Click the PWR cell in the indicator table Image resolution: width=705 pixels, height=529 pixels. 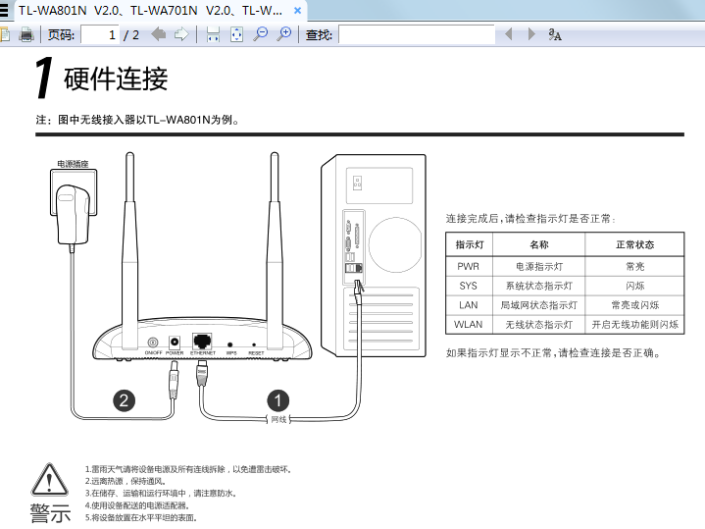(469, 266)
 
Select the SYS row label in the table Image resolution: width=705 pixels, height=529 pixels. (469, 286)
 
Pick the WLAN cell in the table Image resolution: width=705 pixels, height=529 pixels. (469, 324)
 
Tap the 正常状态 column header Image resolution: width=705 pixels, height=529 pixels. (634, 244)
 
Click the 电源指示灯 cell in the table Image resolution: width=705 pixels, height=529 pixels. (539, 266)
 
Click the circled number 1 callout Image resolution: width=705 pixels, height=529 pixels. (278, 399)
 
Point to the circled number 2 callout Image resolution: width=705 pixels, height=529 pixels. (124, 399)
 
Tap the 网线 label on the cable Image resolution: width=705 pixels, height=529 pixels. (278, 420)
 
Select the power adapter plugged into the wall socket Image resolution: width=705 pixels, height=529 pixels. (76, 212)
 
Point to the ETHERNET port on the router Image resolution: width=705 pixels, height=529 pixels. (203, 341)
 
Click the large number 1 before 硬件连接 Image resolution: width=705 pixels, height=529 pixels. (43, 79)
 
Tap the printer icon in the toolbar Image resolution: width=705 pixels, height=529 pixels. (27, 34)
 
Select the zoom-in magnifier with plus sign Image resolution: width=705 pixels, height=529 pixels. (284, 34)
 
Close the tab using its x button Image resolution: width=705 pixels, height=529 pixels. (299, 8)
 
